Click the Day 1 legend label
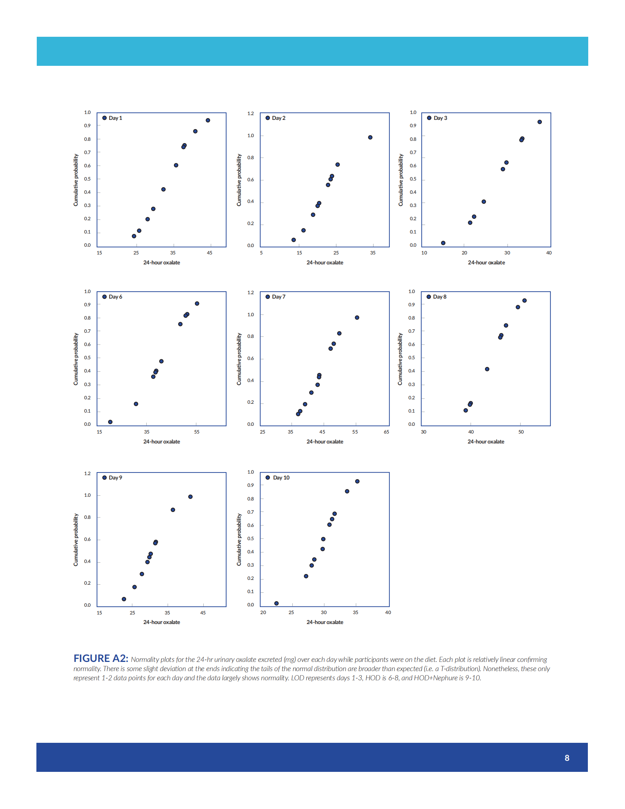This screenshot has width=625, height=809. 115,118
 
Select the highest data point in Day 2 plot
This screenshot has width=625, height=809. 370,138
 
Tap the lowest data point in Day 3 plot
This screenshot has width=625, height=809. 443,243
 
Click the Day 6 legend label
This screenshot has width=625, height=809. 115,297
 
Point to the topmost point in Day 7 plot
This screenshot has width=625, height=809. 357,318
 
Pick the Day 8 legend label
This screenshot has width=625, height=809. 439,297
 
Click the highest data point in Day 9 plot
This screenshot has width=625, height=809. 190,497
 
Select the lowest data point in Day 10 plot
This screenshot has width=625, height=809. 276,603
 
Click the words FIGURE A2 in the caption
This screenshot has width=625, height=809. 101,658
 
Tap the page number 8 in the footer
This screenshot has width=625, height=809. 567,758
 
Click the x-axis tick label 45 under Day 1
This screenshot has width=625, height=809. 210,253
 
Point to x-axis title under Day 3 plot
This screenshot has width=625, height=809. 486,263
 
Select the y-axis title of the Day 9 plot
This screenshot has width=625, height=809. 76,540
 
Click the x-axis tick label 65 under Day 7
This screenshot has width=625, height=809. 386,432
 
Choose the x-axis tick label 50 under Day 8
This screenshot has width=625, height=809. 521,432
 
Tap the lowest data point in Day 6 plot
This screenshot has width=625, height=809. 110,422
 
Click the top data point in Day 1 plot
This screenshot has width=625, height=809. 208,120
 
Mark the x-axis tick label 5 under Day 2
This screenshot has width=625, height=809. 261,253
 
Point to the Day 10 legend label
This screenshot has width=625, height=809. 281,478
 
